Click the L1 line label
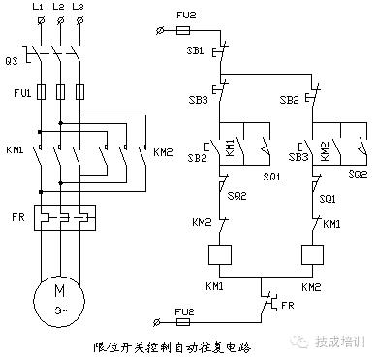[x=38, y=8]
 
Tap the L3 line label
[x=79, y=8]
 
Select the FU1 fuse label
[x=15, y=94]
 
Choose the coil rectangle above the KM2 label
[x=311, y=256]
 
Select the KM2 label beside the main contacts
[x=162, y=151]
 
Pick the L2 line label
[x=58, y=8]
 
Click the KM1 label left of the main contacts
[x=15, y=151]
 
